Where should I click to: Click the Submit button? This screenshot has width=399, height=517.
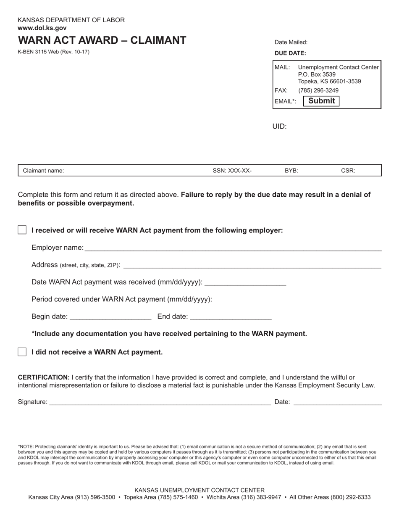pyautogui.click(x=321, y=101)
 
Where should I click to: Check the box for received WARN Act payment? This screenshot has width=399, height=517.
pyautogui.click(x=22, y=230)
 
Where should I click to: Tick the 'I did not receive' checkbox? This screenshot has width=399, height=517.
pyautogui.click(x=22, y=352)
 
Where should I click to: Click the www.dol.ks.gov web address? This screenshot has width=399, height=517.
pyautogui.click(x=42, y=28)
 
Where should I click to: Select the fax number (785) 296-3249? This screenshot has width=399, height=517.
pyautogui.click(x=318, y=90)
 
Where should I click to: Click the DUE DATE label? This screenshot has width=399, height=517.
pyautogui.click(x=290, y=53)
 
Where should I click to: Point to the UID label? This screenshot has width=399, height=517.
pyautogui.click(x=279, y=127)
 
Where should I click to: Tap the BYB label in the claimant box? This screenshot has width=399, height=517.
pyautogui.click(x=291, y=171)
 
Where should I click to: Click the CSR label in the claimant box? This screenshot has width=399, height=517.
pyautogui.click(x=348, y=171)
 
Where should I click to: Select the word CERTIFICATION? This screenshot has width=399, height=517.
pyautogui.click(x=44, y=377)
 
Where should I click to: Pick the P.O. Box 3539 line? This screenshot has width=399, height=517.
pyautogui.click(x=317, y=74)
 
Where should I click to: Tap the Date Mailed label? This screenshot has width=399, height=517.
pyautogui.click(x=291, y=42)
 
